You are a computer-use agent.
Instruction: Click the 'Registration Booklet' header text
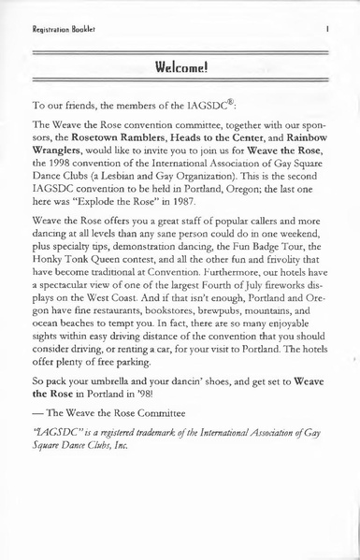click(x=46, y=17)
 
